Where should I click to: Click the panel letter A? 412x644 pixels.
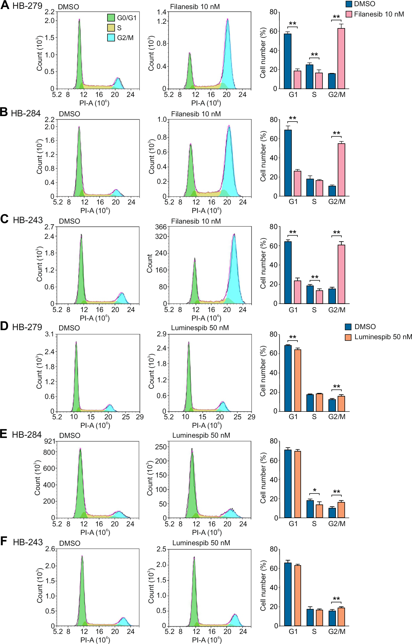(5, 5)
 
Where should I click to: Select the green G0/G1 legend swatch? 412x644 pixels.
(111, 18)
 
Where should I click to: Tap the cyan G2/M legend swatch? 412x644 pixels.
(111, 37)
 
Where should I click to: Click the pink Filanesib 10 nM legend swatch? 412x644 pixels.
(349, 14)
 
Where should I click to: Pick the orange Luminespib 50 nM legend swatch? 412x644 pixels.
(348, 337)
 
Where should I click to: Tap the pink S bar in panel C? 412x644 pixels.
(319, 297)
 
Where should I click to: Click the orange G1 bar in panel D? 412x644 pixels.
(297, 380)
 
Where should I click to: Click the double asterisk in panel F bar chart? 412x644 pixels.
(336, 599)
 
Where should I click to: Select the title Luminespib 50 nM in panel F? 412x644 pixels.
(201, 543)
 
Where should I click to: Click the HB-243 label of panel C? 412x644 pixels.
(28, 220)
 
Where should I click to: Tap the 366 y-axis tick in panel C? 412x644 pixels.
(161, 227)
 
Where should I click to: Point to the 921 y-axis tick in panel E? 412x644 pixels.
(50, 441)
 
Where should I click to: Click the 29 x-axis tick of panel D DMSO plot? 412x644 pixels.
(140, 417)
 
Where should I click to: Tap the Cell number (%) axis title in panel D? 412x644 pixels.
(263, 371)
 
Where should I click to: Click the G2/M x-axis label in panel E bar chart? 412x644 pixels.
(337, 524)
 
